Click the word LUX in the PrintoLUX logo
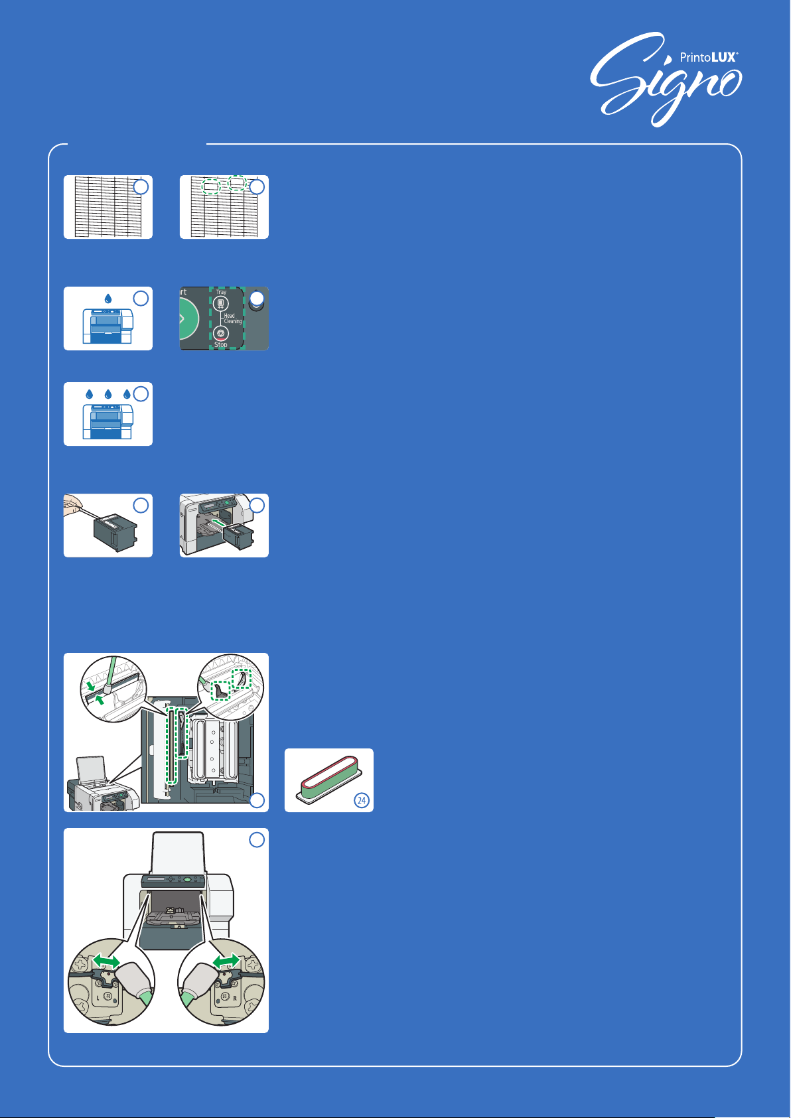(723, 58)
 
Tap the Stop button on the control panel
(220, 334)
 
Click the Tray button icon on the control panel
(220, 304)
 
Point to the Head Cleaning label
(232, 318)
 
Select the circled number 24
(362, 801)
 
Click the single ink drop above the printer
(108, 299)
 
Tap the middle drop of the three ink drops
(108, 394)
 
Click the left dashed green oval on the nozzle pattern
(210, 187)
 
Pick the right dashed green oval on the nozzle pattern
(237, 182)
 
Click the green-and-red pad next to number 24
(328, 775)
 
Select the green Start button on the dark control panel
(190, 318)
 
